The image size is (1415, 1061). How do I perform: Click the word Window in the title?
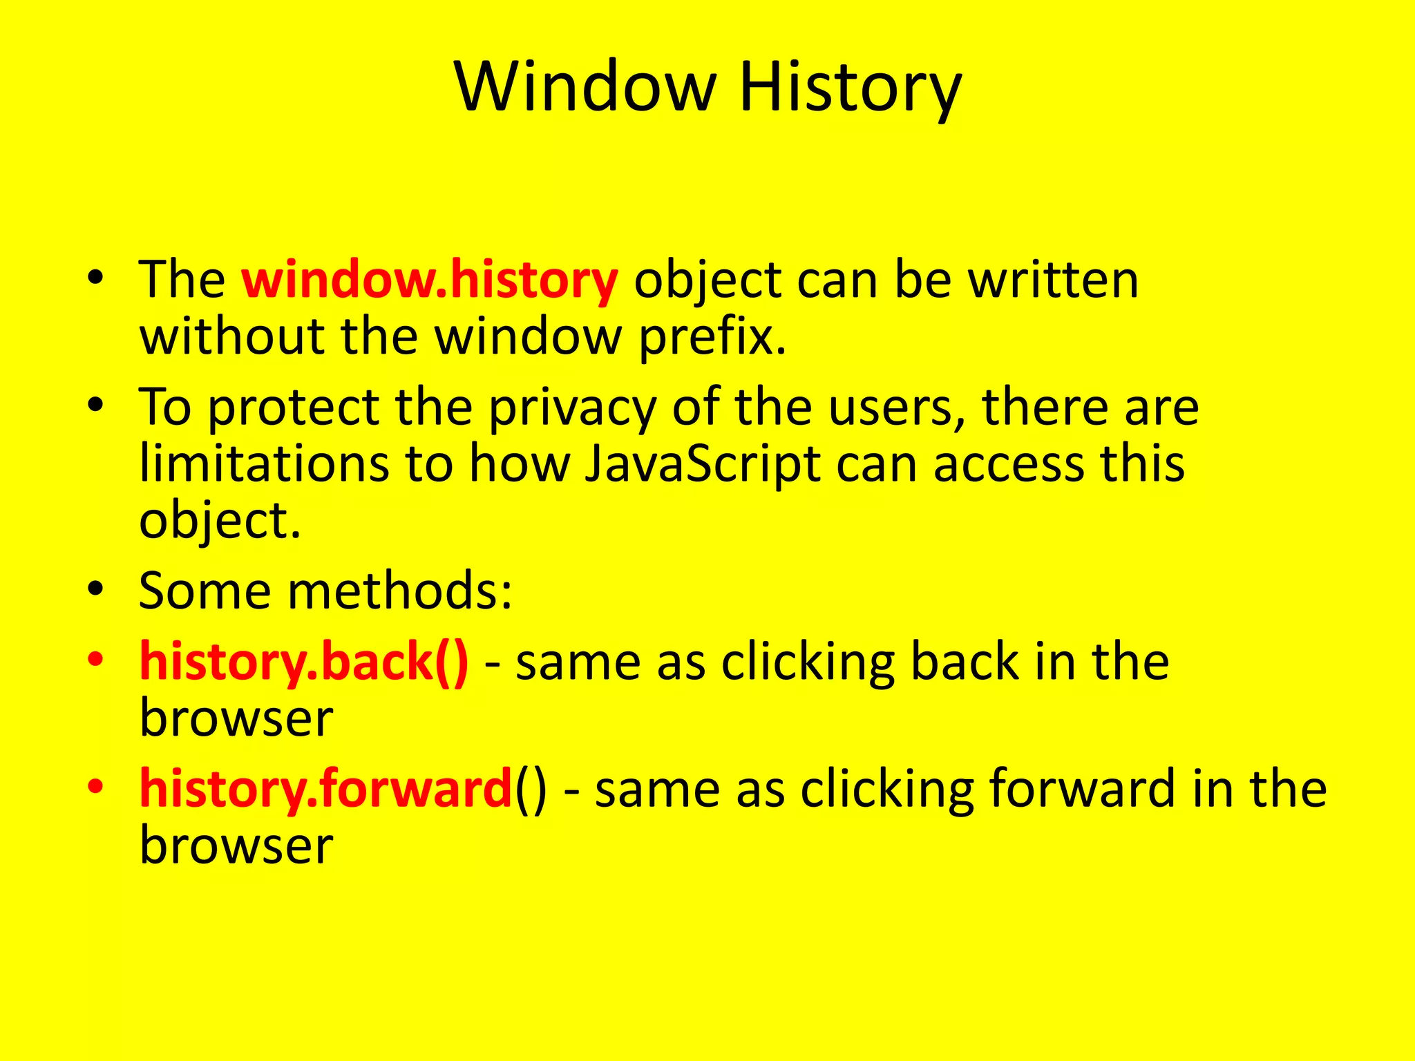coord(585,88)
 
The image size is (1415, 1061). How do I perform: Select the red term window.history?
coord(429,280)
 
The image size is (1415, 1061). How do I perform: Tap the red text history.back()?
coord(304,662)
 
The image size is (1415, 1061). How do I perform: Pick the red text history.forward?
coord(325,789)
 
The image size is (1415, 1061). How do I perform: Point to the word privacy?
coord(573,408)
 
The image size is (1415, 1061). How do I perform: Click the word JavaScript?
coord(703,464)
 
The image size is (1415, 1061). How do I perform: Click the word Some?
coord(205,591)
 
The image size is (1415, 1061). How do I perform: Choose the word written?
coord(1053,280)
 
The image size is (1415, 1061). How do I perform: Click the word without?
coord(232,337)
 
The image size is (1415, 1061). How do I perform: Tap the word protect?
coord(293,408)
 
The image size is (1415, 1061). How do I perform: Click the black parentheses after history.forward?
coord(530,789)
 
